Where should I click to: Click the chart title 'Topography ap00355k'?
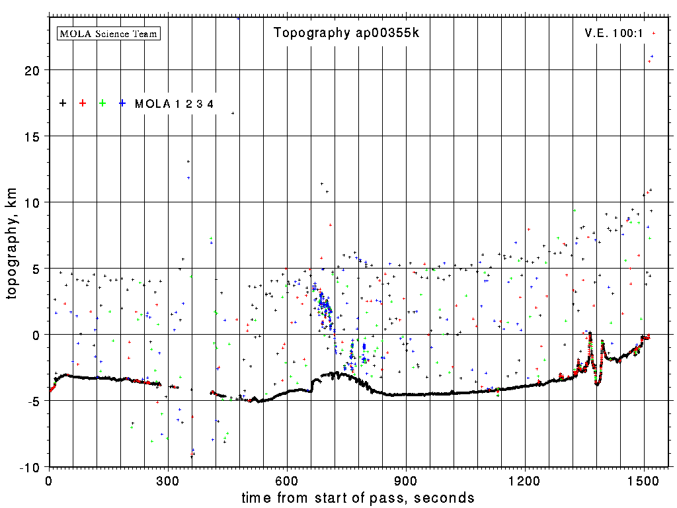pos(346,33)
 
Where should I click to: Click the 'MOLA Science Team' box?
pos(109,33)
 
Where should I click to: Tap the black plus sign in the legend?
pos(63,103)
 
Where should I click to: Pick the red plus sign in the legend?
pos(83,103)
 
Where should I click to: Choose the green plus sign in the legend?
pos(102,103)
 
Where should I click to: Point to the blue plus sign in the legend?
pos(122,103)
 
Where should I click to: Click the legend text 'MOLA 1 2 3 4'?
pos(174,104)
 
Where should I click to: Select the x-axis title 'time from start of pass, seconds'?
pos(358,497)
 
